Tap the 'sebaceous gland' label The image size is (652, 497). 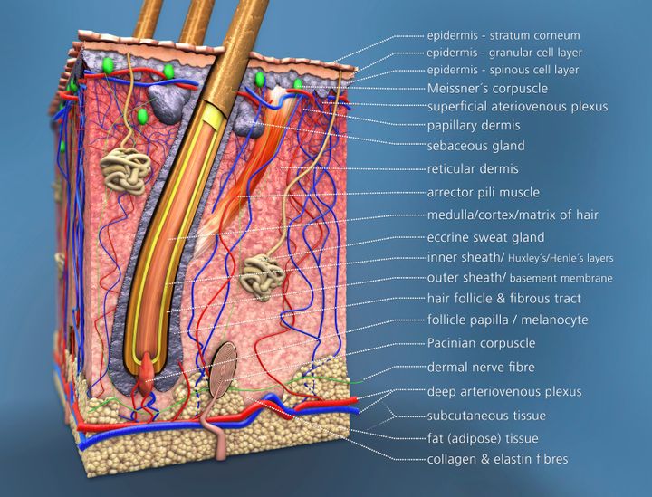(x=475, y=145)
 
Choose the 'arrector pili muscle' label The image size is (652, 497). (x=483, y=192)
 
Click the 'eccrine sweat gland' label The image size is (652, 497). (x=485, y=237)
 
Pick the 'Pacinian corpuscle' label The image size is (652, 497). (x=481, y=343)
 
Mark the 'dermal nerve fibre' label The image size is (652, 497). (x=481, y=368)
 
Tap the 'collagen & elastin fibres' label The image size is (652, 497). (x=497, y=460)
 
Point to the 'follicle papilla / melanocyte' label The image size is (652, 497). (x=507, y=320)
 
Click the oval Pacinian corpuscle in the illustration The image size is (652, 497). (x=224, y=370)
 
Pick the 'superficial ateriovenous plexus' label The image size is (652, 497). (x=517, y=107)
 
